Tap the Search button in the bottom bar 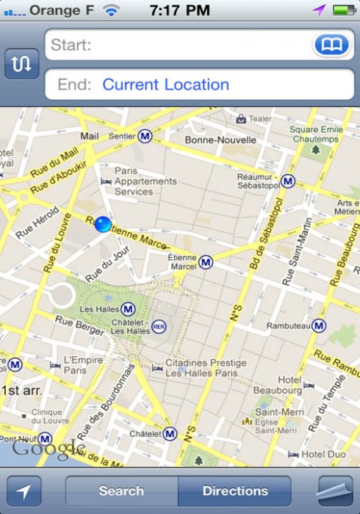point(121,491)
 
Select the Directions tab point(235,491)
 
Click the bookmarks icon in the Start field point(332,46)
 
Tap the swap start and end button point(21,64)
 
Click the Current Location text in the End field point(165,84)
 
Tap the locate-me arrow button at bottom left point(24,491)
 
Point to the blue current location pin point(103,224)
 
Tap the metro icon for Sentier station point(145,136)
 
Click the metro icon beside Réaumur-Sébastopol point(287,181)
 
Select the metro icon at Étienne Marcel point(206,262)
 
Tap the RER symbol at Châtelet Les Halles point(159,325)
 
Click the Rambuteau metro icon point(318,325)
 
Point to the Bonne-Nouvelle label point(220,140)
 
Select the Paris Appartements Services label point(145,181)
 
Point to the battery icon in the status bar point(343,10)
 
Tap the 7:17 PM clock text point(179,10)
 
